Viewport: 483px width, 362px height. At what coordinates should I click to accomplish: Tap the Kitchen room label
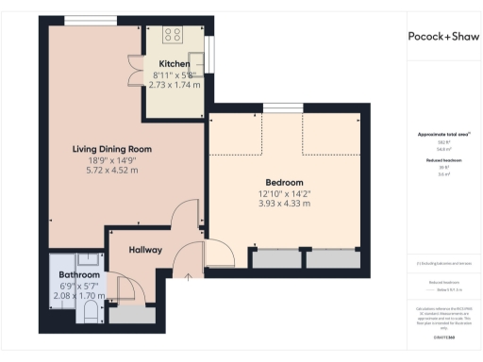[174, 64]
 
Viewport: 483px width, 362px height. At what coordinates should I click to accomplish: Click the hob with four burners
[174, 34]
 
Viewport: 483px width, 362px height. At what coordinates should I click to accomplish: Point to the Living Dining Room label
[112, 149]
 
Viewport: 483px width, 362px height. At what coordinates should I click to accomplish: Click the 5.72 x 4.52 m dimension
[112, 171]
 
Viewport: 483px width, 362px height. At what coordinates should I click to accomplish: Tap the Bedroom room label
[284, 182]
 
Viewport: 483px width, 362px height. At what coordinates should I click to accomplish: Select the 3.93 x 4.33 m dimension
[284, 204]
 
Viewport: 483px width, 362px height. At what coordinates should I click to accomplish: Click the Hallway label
[146, 250]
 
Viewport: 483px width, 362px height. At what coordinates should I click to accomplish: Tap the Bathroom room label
[79, 274]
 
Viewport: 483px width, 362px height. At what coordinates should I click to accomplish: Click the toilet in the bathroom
[91, 309]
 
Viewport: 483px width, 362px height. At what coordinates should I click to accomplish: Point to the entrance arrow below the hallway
[188, 277]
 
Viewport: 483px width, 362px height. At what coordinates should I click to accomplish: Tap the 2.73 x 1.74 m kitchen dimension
[174, 84]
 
